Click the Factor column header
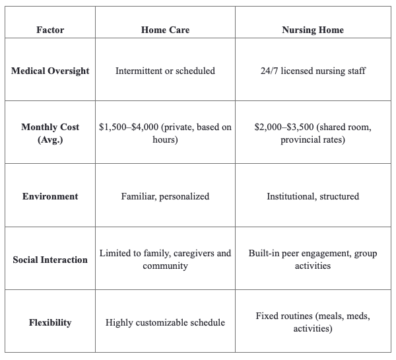click(x=50, y=30)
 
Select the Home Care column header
click(x=165, y=30)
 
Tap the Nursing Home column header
click(x=312, y=30)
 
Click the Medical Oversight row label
click(x=50, y=71)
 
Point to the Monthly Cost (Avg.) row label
click(x=50, y=133)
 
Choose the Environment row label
click(x=50, y=196)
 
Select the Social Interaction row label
click(x=50, y=260)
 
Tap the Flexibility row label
click(x=50, y=322)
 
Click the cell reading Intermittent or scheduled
click(x=165, y=71)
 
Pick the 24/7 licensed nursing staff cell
click(x=312, y=71)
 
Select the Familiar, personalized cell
click(x=165, y=196)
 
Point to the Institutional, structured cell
click(x=312, y=196)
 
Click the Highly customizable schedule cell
click(x=165, y=322)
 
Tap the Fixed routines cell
click(x=312, y=322)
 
